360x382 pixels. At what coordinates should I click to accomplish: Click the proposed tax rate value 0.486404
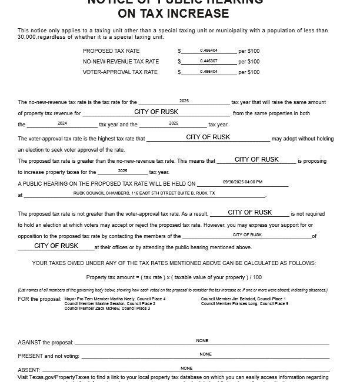209,51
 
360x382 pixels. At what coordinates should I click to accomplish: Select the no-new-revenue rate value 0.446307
209,61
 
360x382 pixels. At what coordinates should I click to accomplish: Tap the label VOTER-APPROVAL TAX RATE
120,72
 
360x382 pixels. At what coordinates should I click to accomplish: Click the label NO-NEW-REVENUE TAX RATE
121,62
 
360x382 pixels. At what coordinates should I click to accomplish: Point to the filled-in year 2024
62,123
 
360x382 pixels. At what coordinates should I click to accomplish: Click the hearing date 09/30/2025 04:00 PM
242,182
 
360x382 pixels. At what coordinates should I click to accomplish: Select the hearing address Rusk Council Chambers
144,193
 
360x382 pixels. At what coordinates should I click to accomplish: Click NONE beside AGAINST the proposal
202,341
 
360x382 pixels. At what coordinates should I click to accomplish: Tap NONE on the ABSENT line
186,368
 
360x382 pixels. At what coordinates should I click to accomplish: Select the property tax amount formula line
174,277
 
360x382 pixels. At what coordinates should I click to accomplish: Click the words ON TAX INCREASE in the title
174,14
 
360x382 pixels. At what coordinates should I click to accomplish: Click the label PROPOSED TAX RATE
111,51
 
